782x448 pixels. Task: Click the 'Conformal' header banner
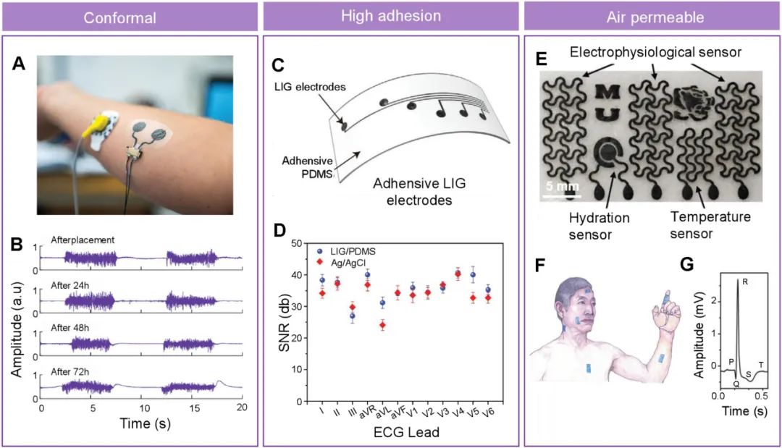click(130, 17)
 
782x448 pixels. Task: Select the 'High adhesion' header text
click(391, 17)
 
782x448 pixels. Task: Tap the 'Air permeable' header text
click(652, 17)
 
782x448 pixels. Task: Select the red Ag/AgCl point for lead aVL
click(382, 325)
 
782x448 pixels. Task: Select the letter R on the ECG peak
click(745, 282)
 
